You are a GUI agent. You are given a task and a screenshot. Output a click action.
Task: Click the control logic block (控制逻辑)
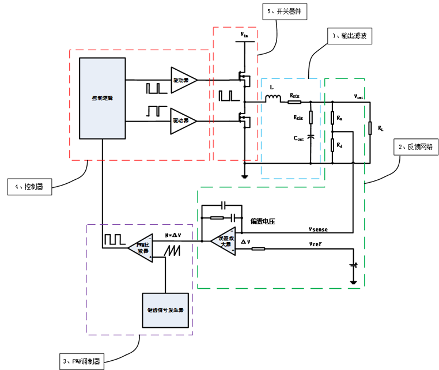coord(102,99)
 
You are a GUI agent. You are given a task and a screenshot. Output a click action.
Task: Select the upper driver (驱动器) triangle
coord(183,80)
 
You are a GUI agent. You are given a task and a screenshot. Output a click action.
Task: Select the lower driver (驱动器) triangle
coord(183,120)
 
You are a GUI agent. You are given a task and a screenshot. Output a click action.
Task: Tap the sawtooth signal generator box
coord(165,309)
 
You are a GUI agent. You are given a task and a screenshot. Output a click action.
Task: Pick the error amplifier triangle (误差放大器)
coord(222,240)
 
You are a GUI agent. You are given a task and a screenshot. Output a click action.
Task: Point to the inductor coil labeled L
coord(273,99)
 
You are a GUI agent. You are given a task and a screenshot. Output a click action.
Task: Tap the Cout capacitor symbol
coord(311,137)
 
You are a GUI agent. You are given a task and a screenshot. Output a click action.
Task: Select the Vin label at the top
coord(244,36)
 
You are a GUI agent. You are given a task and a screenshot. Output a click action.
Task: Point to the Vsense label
coord(318,229)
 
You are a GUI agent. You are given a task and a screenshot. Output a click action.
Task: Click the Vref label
coord(315,245)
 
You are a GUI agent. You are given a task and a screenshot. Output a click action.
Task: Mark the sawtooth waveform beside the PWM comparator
coord(172,250)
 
